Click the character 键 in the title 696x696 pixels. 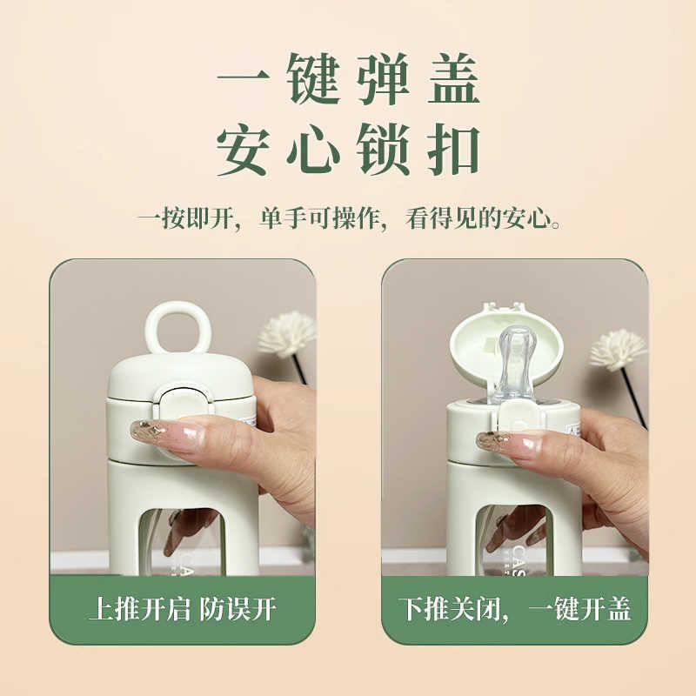click(313, 78)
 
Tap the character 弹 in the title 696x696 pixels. click(383, 78)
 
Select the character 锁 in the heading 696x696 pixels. click(383, 149)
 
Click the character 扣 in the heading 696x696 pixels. click(453, 149)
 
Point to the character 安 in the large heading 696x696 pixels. click(244, 149)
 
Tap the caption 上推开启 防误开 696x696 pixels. click(183, 608)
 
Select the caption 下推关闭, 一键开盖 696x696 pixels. click(514, 608)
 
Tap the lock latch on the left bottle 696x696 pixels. click(183, 402)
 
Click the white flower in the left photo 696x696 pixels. click(287, 334)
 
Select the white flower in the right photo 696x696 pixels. click(618, 350)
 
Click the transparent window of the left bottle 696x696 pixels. click(181, 541)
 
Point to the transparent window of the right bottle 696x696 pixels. click(514, 540)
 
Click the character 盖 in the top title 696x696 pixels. click(453, 78)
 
